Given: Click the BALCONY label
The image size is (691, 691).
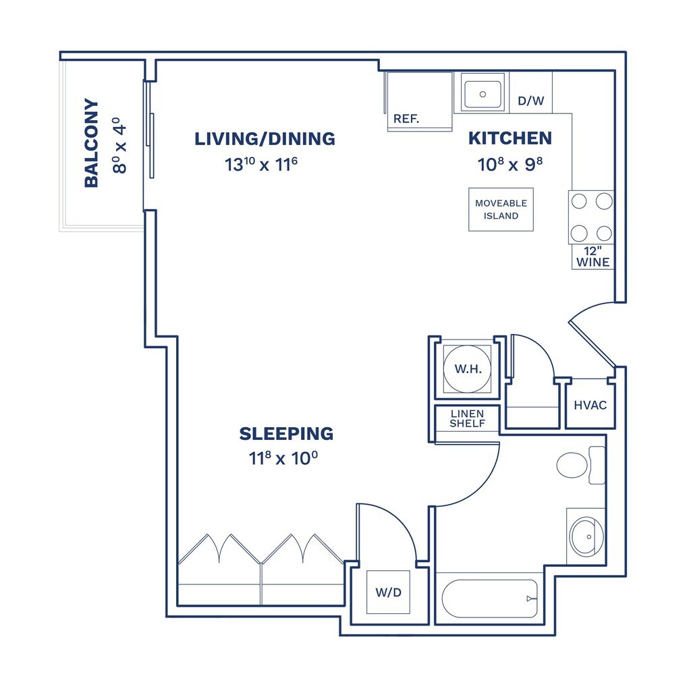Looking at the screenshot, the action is pyautogui.click(x=91, y=143).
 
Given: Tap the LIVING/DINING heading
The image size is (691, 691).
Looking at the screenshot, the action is pyautogui.click(x=265, y=139).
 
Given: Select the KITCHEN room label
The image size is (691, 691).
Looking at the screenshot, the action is pyautogui.click(x=510, y=138).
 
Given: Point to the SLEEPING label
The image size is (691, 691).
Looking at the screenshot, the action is pyautogui.click(x=286, y=434).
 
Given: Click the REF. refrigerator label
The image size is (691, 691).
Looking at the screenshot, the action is pyautogui.click(x=406, y=119).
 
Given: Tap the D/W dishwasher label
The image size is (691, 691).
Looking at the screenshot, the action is pyautogui.click(x=531, y=101).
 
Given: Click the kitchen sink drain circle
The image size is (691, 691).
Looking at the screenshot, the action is pyautogui.click(x=482, y=94).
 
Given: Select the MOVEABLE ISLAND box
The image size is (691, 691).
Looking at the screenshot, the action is pyautogui.click(x=501, y=210).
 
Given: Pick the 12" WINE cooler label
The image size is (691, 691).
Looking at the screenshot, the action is pyautogui.click(x=593, y=257).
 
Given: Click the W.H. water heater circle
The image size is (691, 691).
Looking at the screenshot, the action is pyautogui.click(x=467, y=369).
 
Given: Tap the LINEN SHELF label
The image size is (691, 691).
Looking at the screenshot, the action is pyautogui.click(x=468, y=418).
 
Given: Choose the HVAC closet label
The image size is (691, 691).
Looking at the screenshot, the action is pyautogui.click(x=590, y=406).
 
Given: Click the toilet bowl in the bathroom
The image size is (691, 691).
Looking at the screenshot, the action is pyautogui.click(x=572, y=465).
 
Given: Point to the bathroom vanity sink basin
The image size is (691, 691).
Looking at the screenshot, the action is pyautogui.click(x=586, y=536).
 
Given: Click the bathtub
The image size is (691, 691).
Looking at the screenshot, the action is pyautogui.click(x=490, y=599).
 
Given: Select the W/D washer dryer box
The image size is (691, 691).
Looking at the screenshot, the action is pyautogui.click(x=388, y=592).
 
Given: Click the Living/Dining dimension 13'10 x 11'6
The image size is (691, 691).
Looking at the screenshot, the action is pyautogui.click(x=261, y=165).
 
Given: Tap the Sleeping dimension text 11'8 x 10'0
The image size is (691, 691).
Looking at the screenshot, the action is pyautogui.click(x=283, y=458).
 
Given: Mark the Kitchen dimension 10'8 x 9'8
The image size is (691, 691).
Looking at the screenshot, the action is pyautogui.click(x=510, y=165).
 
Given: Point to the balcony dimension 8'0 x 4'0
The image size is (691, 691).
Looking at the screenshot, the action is pyautogui.click(x=119, y=146).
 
